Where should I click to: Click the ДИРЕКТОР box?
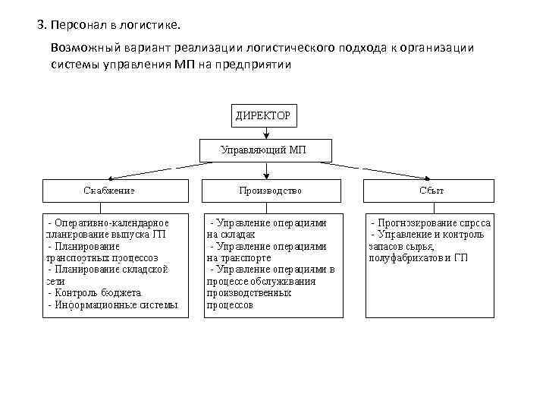point(262,116)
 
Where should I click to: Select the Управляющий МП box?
point(263,150)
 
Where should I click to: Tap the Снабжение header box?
point(114,191)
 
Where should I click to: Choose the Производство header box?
point(270,191)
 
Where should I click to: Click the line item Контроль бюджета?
point(98,292)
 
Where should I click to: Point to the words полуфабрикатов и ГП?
point(418,258)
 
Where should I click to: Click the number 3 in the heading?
point(40,24)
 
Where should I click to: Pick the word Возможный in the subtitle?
point(80,47)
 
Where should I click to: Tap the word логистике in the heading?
point(150,24)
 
